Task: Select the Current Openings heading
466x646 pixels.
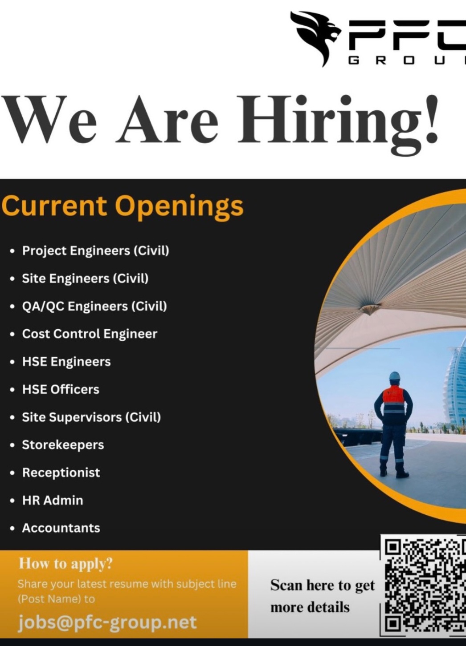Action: (123, 206)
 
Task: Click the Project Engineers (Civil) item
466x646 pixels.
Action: (95, 250)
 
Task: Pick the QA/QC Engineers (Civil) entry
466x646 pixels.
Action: (94, 306)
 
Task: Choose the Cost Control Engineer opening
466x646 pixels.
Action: (90, 334)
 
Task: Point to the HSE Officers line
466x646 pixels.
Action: (61, 389)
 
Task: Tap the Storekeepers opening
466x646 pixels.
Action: (63, 445)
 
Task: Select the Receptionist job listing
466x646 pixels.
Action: (61, 472)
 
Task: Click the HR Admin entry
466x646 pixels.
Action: (53, 501)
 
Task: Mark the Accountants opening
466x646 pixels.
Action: (61, 528)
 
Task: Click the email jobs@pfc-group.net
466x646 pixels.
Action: (107, 622)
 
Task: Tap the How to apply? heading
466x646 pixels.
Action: (65, 564)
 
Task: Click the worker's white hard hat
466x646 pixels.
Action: (394, 376)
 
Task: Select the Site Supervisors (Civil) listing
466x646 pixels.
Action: (91, 417)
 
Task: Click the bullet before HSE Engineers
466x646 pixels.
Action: (12, 362)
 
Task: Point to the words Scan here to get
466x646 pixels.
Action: (323, 585)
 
